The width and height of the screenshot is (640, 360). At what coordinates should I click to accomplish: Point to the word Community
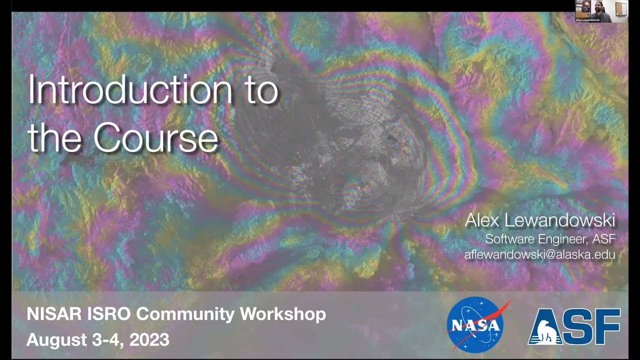point(185,314)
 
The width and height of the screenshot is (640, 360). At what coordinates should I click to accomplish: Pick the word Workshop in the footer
point(283,314)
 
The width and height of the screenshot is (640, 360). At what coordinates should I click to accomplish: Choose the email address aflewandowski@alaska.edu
point(539,254)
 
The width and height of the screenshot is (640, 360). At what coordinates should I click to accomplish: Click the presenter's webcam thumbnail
point(601,11)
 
